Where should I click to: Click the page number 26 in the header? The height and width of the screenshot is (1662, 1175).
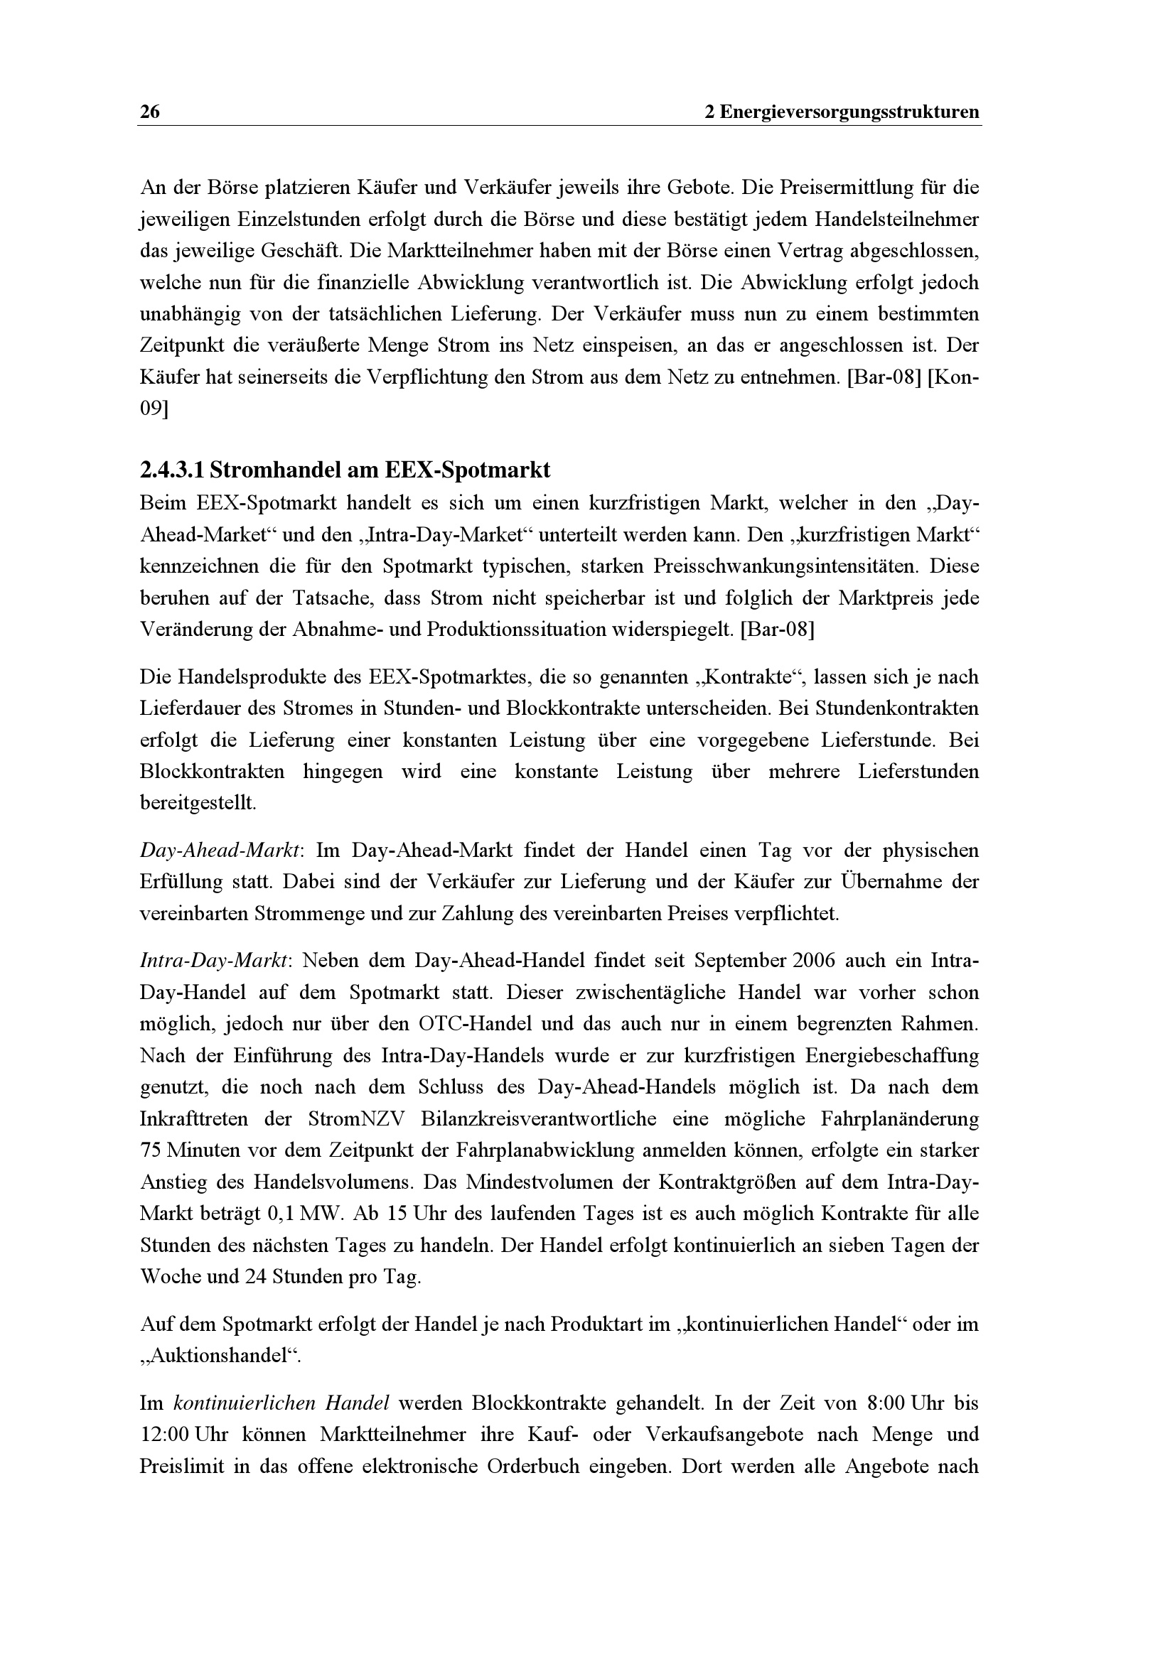[x=150, y=112]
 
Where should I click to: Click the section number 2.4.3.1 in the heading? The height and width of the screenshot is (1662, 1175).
[x=171, y=470]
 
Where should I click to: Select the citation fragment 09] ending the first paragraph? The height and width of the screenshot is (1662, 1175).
[x=154, y=409]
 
